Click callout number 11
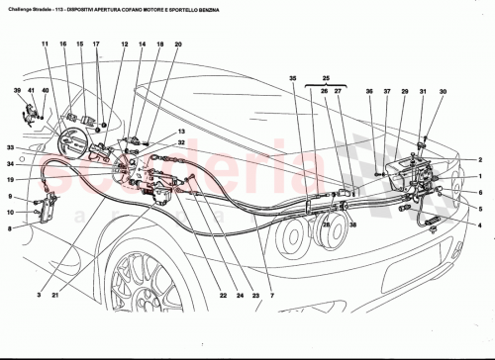click(x=45, y=45)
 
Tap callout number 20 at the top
click(x=178, y=45)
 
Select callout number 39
click(x=18, y=92)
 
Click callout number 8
click(x=9, y=227)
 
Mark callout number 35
click(x=293, y=78)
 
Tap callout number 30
click(x=443, y=92)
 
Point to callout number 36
click(x=368, y=92)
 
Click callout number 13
click(x=181, y=132)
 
